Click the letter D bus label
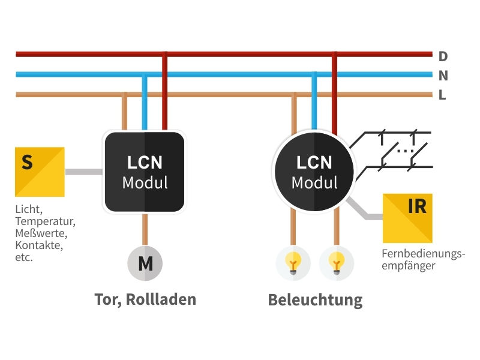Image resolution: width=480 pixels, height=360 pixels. [443, 56]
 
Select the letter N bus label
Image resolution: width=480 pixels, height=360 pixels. [443, 76]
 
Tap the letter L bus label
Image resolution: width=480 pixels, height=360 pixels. [442, 95]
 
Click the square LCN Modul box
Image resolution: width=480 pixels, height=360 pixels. [144, 172]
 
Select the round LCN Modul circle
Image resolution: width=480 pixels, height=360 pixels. [314, 172]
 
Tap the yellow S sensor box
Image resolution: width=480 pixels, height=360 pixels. [40, 172]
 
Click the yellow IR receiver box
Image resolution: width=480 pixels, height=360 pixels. [407, 217]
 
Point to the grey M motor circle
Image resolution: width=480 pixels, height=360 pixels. [145, 263]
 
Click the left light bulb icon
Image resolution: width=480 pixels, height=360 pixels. [293, 263]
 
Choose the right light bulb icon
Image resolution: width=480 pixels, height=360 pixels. [337, 263]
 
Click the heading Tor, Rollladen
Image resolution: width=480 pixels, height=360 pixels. [145, 299]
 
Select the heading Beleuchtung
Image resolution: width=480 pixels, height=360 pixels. [315, 299]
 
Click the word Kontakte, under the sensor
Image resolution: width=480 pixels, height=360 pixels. [39, 245]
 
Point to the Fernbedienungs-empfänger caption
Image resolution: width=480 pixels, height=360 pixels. [423, 259]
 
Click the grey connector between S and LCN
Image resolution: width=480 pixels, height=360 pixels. [83, 172]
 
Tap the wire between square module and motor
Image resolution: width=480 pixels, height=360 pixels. [145, 229]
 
